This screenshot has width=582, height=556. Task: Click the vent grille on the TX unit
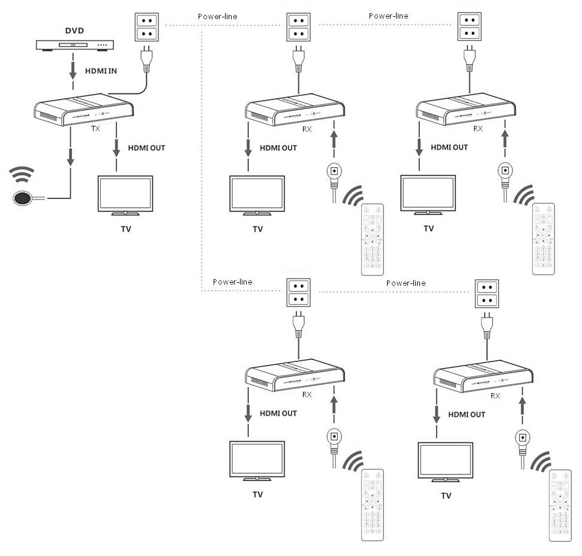[x=49, y=113]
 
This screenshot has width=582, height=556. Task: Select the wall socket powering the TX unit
[x=144, y=27]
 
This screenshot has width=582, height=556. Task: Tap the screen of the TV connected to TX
[x=125, y=193]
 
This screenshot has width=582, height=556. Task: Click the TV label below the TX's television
[x=125, y=228]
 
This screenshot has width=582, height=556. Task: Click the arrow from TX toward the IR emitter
[x=71, y=154]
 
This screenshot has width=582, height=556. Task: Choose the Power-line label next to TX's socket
[x=217, y=17]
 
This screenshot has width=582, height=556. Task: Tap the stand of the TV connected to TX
[x=125, y=213]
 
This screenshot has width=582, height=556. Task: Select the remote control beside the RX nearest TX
[x=372, y=240]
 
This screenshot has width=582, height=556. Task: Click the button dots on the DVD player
[x=103, y=44]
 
